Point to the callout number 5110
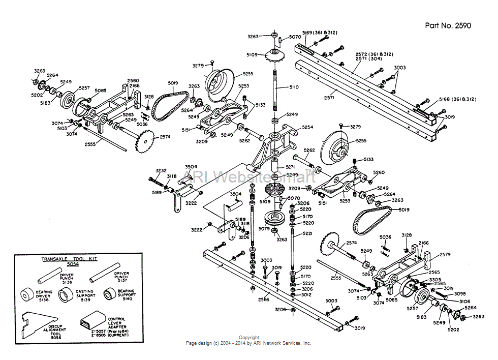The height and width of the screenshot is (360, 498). pyautogui.click(x=294, y=87)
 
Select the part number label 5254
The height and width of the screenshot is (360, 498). pyautogui.click(x=308, y=127)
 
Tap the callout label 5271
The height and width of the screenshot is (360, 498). pyautogui.click(x=290, y=166)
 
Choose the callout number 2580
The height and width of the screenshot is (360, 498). pyautogui.click(x=133, y=80)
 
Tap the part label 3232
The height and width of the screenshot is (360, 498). pyautogui.click(x=161, y=171)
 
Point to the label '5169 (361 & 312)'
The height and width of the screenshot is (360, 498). pyautogui.click(x=320, y=33)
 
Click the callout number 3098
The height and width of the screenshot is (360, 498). pyautogui.click(x=459, y=294)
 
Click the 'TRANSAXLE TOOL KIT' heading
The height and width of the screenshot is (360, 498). pyautogui.click(x=65, y=259)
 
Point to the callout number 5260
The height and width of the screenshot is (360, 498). pyautogui.click(x=379, y=172)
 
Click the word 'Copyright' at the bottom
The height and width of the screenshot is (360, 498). pyautogui.click(x=249, y=338)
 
